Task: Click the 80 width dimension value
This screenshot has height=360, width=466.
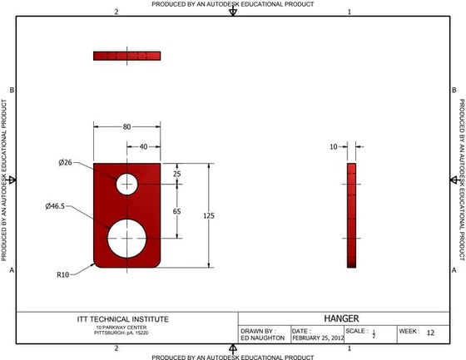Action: click(x=126, y=127)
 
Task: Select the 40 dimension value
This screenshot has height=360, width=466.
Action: click(x=143, y=146)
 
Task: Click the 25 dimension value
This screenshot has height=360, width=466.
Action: click(x=176, y=174)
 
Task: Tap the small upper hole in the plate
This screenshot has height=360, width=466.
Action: click(x=126, y=183)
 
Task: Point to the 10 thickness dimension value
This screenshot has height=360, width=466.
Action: click(x=334, y=146)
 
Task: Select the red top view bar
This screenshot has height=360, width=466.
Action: click(x=126, y=56)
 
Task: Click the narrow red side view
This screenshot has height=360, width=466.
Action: click(x=351, y=215)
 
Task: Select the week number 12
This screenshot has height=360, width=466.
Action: click(x=430, y=333)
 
